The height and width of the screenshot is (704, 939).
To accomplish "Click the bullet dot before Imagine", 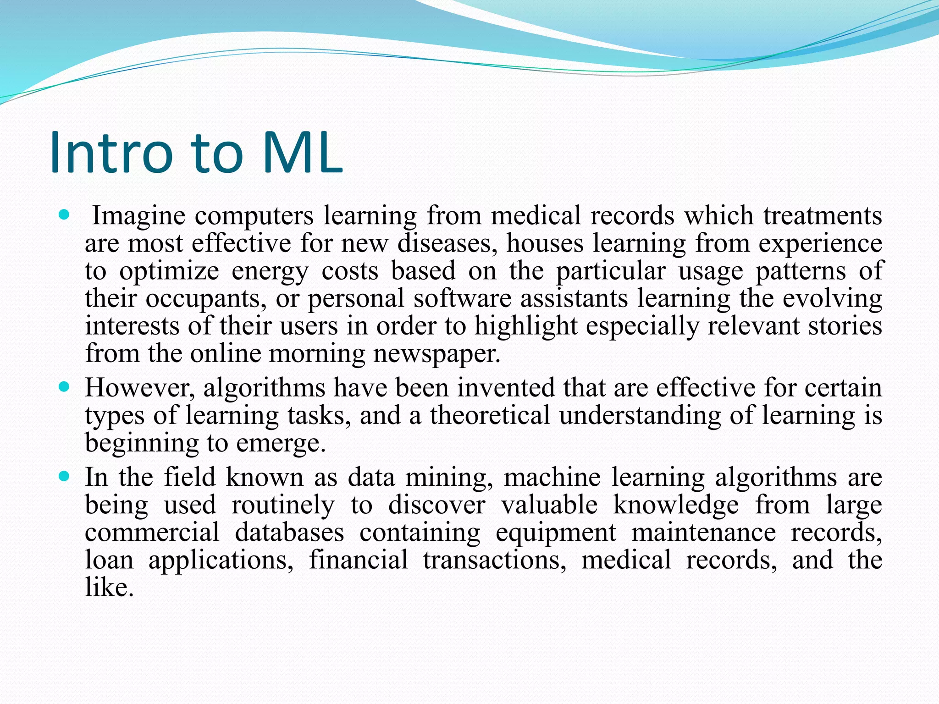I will point(64,214).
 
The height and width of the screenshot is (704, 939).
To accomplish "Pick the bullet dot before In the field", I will point(64,477).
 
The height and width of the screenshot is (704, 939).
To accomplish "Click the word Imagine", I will point(138,216).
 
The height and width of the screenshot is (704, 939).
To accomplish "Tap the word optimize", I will point(169,271).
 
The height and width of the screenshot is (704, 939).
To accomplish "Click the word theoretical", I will point(489,415).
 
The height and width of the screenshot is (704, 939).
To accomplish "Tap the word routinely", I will point(283,505).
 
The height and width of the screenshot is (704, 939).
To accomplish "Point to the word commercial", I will point(152,533).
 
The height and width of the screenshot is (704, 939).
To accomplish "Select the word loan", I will point(109,560).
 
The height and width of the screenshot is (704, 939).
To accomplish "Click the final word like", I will point(109,588).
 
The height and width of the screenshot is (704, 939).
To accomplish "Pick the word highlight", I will point(525,326).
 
